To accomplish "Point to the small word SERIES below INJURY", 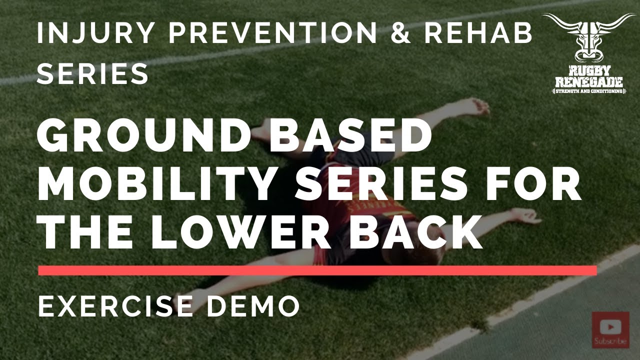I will point(93,73).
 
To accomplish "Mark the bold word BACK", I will point(415,233).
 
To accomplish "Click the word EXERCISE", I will point(115,305).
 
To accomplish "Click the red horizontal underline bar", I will point(317,270).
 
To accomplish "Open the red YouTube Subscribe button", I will point(610,330).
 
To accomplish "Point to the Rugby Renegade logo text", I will point(589,80).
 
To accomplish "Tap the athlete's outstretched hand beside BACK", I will point(525,216).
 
